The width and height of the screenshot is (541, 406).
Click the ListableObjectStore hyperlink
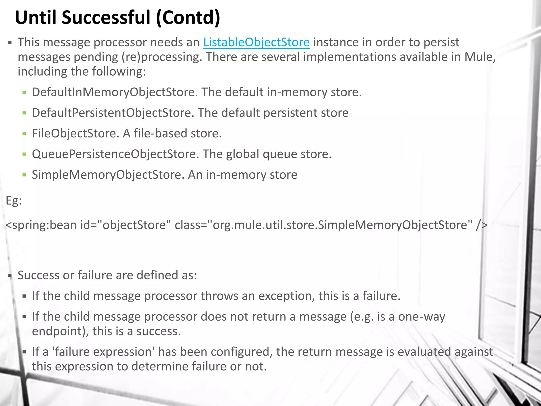[x=256, y=42]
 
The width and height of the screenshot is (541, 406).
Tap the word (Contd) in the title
[x=188, y=17]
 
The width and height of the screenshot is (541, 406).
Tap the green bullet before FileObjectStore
[x=24, y=133]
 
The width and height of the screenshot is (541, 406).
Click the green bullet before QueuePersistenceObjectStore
[x=24, y=154]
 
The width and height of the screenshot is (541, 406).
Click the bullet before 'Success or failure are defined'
[x=10, y=276]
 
